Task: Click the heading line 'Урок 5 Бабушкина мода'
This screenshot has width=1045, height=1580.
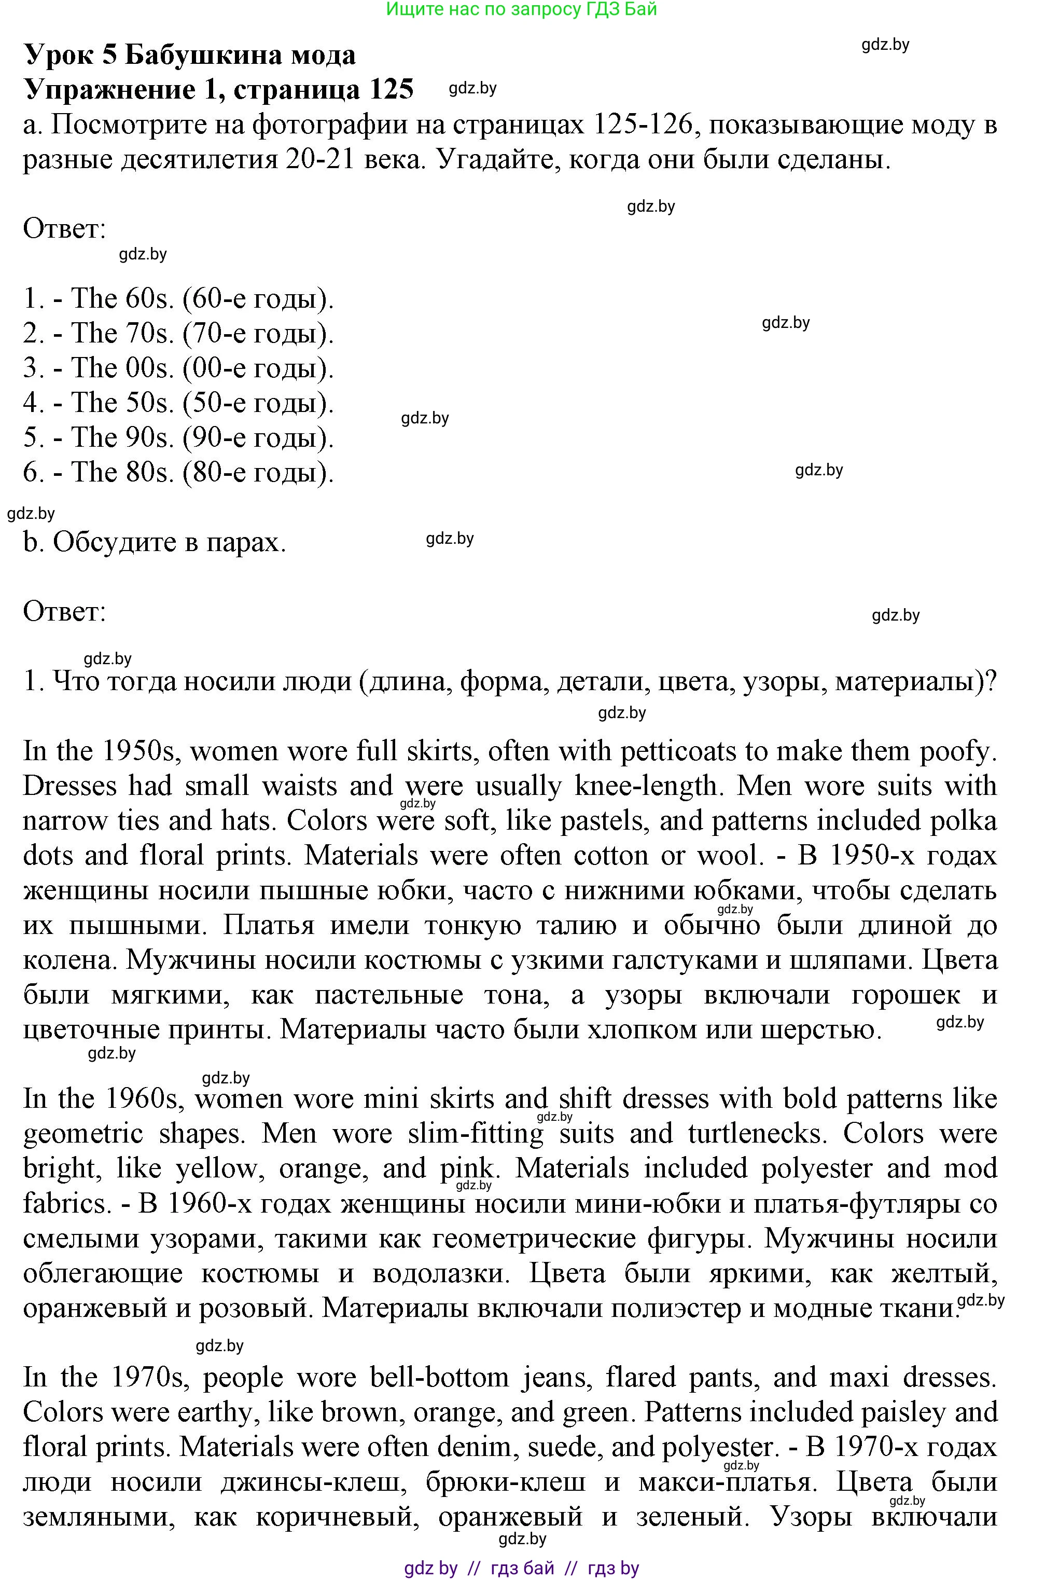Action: [190, 54]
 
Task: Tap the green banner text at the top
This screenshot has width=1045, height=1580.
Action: [522, 9]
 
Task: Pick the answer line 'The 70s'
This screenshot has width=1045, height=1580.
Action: [178, 333]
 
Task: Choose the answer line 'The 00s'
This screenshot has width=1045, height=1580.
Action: [178, 367]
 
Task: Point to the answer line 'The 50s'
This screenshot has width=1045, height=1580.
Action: [178, 402]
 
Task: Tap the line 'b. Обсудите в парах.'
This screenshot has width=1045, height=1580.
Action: [155, 542]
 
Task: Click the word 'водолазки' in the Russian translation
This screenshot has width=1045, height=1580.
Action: [440, 1273]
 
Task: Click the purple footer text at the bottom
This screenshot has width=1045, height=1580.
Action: [522, 1568]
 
